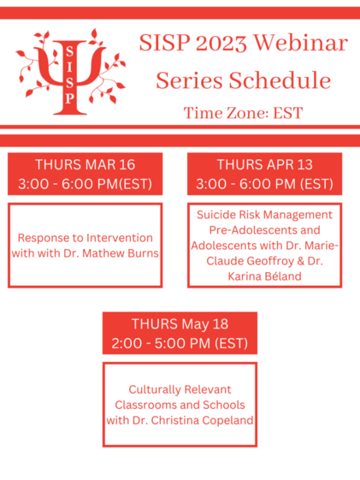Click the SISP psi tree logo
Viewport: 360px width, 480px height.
(70, 72)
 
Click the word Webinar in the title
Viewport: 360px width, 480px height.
(301, 43)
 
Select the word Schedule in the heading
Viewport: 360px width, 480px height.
(280, 80)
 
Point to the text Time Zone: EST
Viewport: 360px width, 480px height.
(243, 113)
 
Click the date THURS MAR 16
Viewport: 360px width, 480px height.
(85, 164)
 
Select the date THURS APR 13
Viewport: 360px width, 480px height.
(264, 164)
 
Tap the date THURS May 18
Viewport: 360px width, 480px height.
(180, 324)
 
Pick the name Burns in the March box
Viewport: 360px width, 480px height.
(145, 253)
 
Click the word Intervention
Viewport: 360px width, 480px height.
(119, 238)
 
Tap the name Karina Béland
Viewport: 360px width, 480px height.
(264, 276)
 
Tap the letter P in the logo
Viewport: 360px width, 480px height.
(70, 98)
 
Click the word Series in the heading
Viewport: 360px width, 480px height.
(189, 80)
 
